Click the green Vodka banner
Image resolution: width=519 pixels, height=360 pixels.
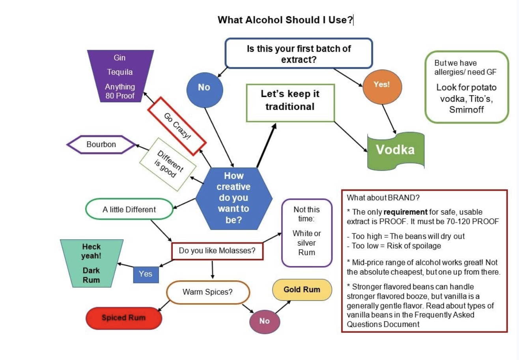(x=396, y=150)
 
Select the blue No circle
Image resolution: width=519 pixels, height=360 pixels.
(x=204, y=88)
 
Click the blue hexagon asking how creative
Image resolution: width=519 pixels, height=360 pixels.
(x=234, y=198)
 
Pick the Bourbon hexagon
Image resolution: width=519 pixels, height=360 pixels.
(x=101, y=144)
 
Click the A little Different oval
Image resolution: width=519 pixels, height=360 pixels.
(x=129, y=210)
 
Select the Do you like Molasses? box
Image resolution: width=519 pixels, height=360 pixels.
(x=217, y=251)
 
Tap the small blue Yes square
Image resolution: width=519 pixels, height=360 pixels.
(x=146, y=274)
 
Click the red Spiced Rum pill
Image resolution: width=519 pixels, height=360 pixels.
(x=123, y=318)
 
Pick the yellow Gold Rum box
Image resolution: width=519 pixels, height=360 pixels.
(x=302, y=290)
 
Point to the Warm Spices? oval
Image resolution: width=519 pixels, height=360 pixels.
(x=208, y=292)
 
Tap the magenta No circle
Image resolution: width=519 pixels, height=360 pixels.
(x=264, y=321)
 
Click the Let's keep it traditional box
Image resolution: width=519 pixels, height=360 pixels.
(x=290, y=101)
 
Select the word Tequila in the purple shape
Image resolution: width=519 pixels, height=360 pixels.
(x=119, y=72)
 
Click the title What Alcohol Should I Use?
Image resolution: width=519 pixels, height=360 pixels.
(x=285, y=20)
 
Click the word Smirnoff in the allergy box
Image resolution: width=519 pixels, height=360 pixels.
(x=466, y=109)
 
